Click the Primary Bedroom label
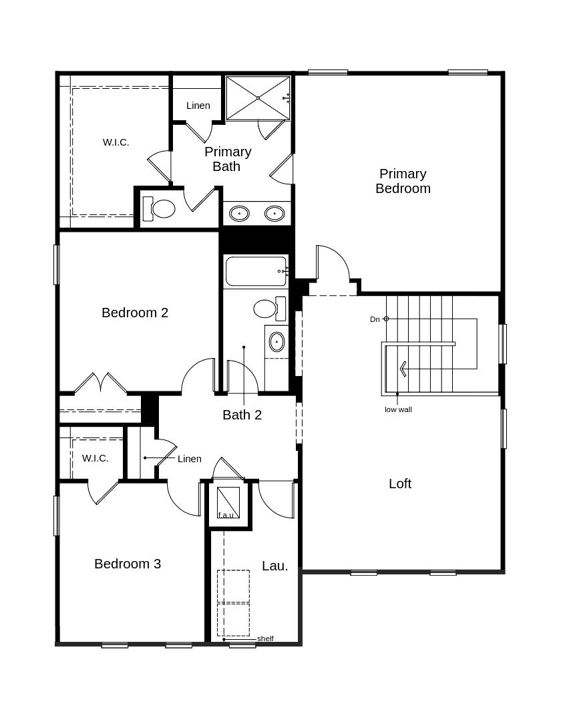pyautogui.click(x=403, y=181)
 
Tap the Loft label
pyautogui.click(x=400, y=484)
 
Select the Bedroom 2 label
pyautogui.click(x=135, y=313)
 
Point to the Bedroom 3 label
pyautogui.click(x=128, y=564)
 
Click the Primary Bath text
pyautogui.click(x=227, y=159)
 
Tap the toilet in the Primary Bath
pyautogui.click(x=158, y=209)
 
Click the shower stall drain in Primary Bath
pyautogui.click(x=258, y=98)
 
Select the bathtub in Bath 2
pyautogui.click(x=256, y=271)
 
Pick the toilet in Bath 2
pyautogui.click(x=269, y=309)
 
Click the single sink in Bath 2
pyautogui.click(x=276, y=342)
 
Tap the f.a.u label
pyautogui.click(x=226, y=515)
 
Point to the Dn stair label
pyautogui.click(x=375, y=319)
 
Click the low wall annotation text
pyautogui.click(x=398, y=409)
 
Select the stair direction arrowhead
pyautogui.click(x=401, y=369)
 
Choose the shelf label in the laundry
pyautogui.click(x=265, y=639)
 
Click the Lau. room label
pyautogui.click(x=275, y=566)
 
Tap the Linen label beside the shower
pyautogui.click(x=198, y=106)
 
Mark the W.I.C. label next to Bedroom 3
pyautogui.click(x=96, y=458)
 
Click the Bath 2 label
pyautogui.click(x=242, y=415)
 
